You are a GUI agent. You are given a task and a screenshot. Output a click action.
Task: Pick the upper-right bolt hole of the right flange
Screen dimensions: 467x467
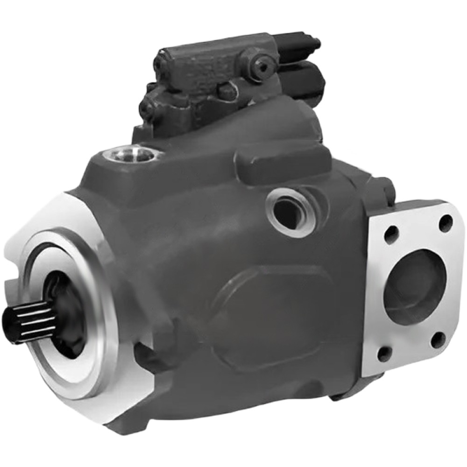(446, 223)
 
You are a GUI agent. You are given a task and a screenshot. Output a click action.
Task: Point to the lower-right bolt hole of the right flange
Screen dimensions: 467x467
(438, 340)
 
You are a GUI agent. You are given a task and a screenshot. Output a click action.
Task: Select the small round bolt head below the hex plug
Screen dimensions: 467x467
(228, 92)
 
